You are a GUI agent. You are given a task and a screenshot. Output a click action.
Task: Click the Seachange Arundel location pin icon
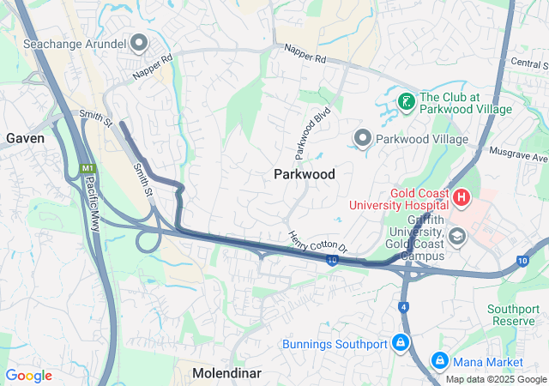coord(139,43)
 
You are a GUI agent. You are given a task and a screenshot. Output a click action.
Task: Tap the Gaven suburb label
coord(26,137)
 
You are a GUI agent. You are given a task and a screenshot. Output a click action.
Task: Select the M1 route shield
coord(87,168)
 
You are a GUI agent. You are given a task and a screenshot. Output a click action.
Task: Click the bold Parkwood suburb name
coord(304,174)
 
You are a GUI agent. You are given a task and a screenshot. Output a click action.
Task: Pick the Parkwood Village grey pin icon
coord(363,138)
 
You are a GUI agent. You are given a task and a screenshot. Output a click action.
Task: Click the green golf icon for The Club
coord(406,102)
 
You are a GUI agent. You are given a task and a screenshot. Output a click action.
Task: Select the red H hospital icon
coord(462,198)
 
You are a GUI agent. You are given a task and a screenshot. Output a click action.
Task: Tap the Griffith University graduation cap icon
coord(457,235)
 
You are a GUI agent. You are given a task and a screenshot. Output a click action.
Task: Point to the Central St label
coord(528,63)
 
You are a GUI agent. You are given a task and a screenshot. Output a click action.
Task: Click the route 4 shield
coord(403,305)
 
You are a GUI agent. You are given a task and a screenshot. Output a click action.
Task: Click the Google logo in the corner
coord(29,376)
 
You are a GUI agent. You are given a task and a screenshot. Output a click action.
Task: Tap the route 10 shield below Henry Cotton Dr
coord(331,260)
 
